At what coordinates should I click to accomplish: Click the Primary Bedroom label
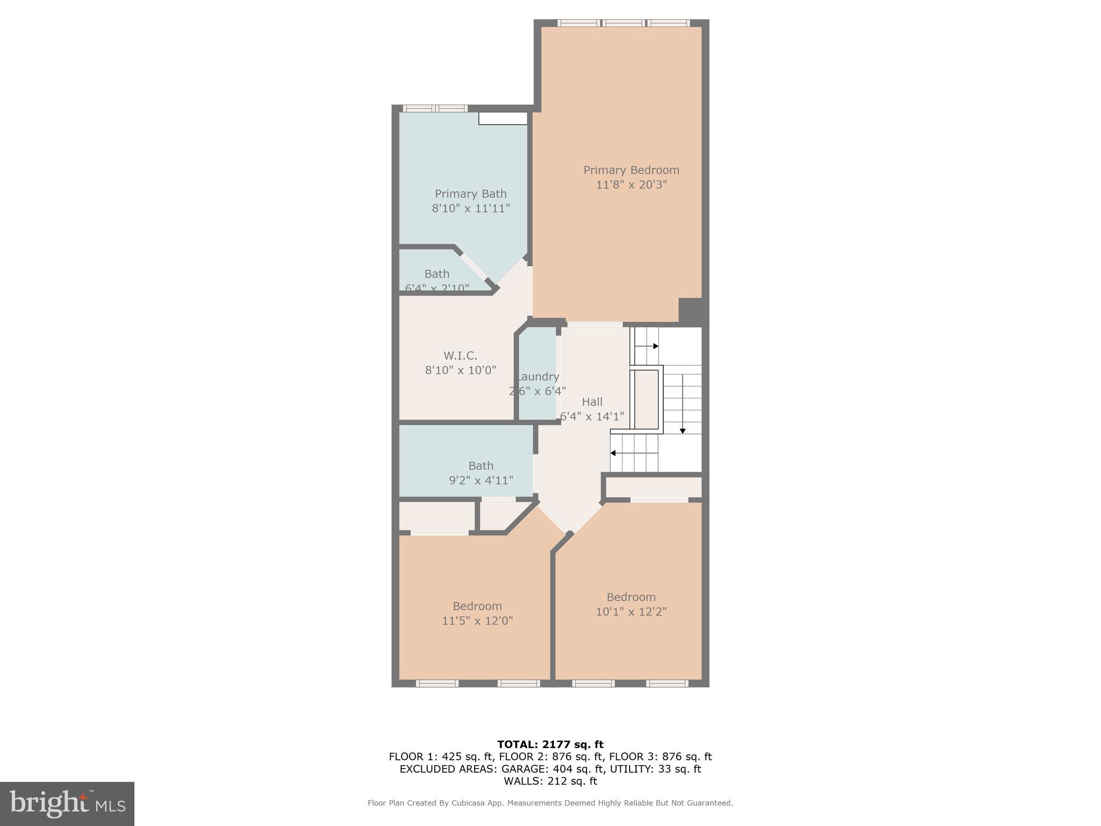[x=631, y=170]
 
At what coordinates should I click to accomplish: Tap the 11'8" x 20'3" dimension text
[x=631, y=184]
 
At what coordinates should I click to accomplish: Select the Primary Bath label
[x=470, y=194]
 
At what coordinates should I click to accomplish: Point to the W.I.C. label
[x=460, y=355]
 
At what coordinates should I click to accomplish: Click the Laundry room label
[x=538, y=376]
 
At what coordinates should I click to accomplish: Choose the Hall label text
[x=592, y=402]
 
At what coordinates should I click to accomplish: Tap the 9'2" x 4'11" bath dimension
[x=481, y=480]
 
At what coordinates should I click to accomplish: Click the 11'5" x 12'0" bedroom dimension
[x=477, y=621]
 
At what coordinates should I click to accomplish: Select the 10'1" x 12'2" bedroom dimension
[x=631, y=611]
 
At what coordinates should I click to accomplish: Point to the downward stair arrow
[x=683, y=430]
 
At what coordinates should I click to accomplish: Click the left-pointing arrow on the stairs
[x=613, y=453]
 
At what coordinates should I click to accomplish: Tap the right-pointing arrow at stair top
[x=655, y=346]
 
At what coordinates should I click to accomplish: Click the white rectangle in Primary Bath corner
[x=503, y=118]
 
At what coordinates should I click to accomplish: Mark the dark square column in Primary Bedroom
[x=690, y=310]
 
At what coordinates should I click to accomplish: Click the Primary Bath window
[x=435, y=109]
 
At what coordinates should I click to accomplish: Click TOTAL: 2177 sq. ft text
[x=550, y=744]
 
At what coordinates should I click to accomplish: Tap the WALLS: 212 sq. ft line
[x=550, y=781]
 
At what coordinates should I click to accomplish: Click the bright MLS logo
[x=67, y=803]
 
